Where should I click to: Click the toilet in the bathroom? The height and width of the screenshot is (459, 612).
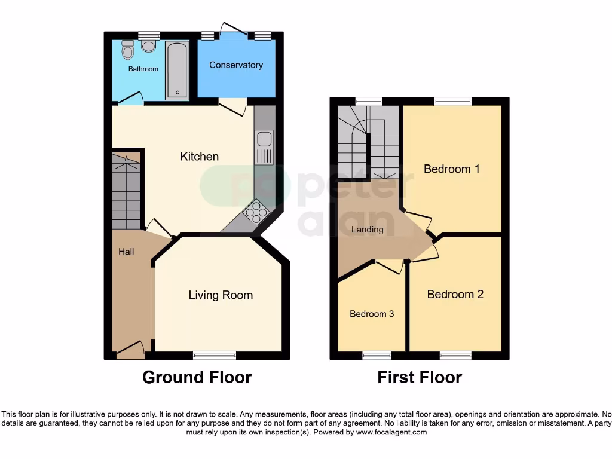127,51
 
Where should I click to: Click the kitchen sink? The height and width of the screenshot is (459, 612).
264,147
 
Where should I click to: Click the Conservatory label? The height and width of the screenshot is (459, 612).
236,65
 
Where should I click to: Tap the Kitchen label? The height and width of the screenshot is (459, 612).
200,157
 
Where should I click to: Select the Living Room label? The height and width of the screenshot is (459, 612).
221,295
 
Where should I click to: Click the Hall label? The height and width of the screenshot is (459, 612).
126,252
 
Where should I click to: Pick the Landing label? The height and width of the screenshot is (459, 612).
368,229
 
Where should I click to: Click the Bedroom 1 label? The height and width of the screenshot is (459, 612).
452,169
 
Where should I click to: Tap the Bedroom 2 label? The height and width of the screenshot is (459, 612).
455,295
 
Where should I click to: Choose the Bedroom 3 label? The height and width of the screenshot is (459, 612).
372,314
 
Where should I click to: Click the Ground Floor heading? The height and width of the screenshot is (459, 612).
197,378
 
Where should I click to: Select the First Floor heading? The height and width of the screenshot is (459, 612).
420,378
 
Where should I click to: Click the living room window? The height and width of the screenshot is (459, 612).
215,356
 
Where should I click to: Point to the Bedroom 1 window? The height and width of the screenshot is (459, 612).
452,102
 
